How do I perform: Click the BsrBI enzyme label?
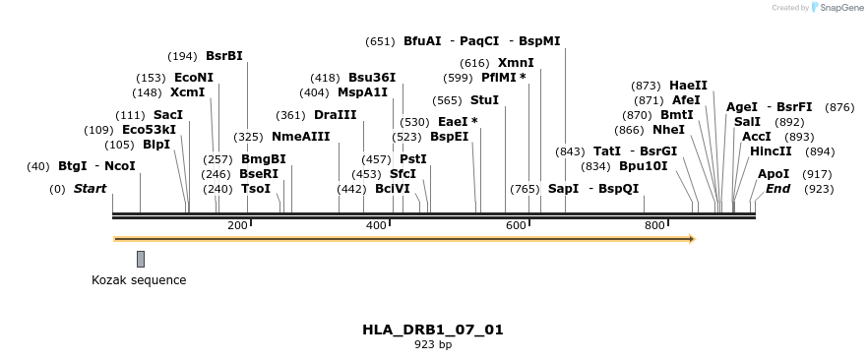pos(223,56)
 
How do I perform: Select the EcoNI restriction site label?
pos(193,78)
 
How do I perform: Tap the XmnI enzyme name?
pos(516,63)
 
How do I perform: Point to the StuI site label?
pos(484,100)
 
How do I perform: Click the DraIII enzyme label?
pos(335,115)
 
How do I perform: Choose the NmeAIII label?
pos(300,137)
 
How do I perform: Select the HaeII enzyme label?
pos(688,86)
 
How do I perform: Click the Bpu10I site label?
pos(643,166)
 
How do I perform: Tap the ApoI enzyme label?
pos(773,174)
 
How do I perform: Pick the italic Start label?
pos(90,189)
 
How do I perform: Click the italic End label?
pos(777,189)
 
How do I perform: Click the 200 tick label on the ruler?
pos(237,226)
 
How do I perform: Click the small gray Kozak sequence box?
pos(141,259)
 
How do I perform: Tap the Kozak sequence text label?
pos(139,280)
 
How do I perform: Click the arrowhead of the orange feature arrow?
pos(691,239)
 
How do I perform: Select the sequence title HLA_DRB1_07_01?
pos(433,330)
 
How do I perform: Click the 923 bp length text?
pos(433,345)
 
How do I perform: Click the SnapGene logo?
pos(836,8)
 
